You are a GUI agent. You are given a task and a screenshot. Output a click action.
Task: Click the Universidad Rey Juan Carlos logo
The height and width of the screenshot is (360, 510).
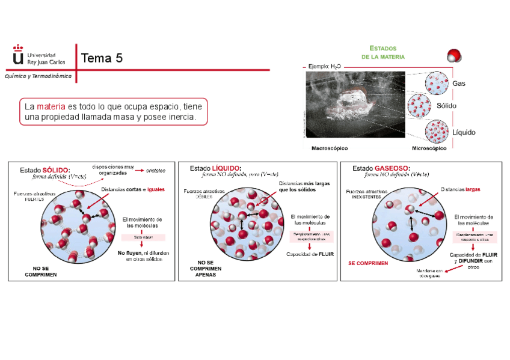tap(40, 55)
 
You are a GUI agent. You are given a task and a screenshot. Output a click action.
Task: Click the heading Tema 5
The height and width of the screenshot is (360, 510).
tap(102, 58)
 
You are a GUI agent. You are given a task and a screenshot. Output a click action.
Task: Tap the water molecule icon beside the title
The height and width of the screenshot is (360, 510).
tap(454, 56)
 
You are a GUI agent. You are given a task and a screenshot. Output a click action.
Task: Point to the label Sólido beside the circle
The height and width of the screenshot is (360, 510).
tap(463, 106)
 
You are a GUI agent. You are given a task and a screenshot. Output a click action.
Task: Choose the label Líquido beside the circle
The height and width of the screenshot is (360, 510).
tap(464, 132)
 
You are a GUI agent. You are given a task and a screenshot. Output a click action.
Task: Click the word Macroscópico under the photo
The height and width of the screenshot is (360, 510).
tap(330, 148)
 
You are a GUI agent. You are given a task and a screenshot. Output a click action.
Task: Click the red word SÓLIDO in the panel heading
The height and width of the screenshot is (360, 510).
tap(56, 170)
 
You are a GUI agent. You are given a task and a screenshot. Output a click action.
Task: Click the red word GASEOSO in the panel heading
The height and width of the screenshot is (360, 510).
tap(392, 168)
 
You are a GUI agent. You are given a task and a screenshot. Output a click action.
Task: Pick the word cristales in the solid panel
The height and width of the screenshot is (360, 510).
tap(155, 170)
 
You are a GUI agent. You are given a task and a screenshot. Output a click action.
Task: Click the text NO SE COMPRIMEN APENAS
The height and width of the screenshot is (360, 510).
tap(206, 269)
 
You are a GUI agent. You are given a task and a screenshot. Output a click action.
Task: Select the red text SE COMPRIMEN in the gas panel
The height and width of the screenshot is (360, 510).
tap(368, 263)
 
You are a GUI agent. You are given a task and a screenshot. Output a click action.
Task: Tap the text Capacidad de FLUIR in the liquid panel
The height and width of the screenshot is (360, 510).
tap(310, 254)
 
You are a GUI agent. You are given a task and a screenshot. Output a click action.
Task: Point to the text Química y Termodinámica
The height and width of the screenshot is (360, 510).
tap(38, 76)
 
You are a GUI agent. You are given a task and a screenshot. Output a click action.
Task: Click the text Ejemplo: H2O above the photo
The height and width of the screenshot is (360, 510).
tap(325, 67)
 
